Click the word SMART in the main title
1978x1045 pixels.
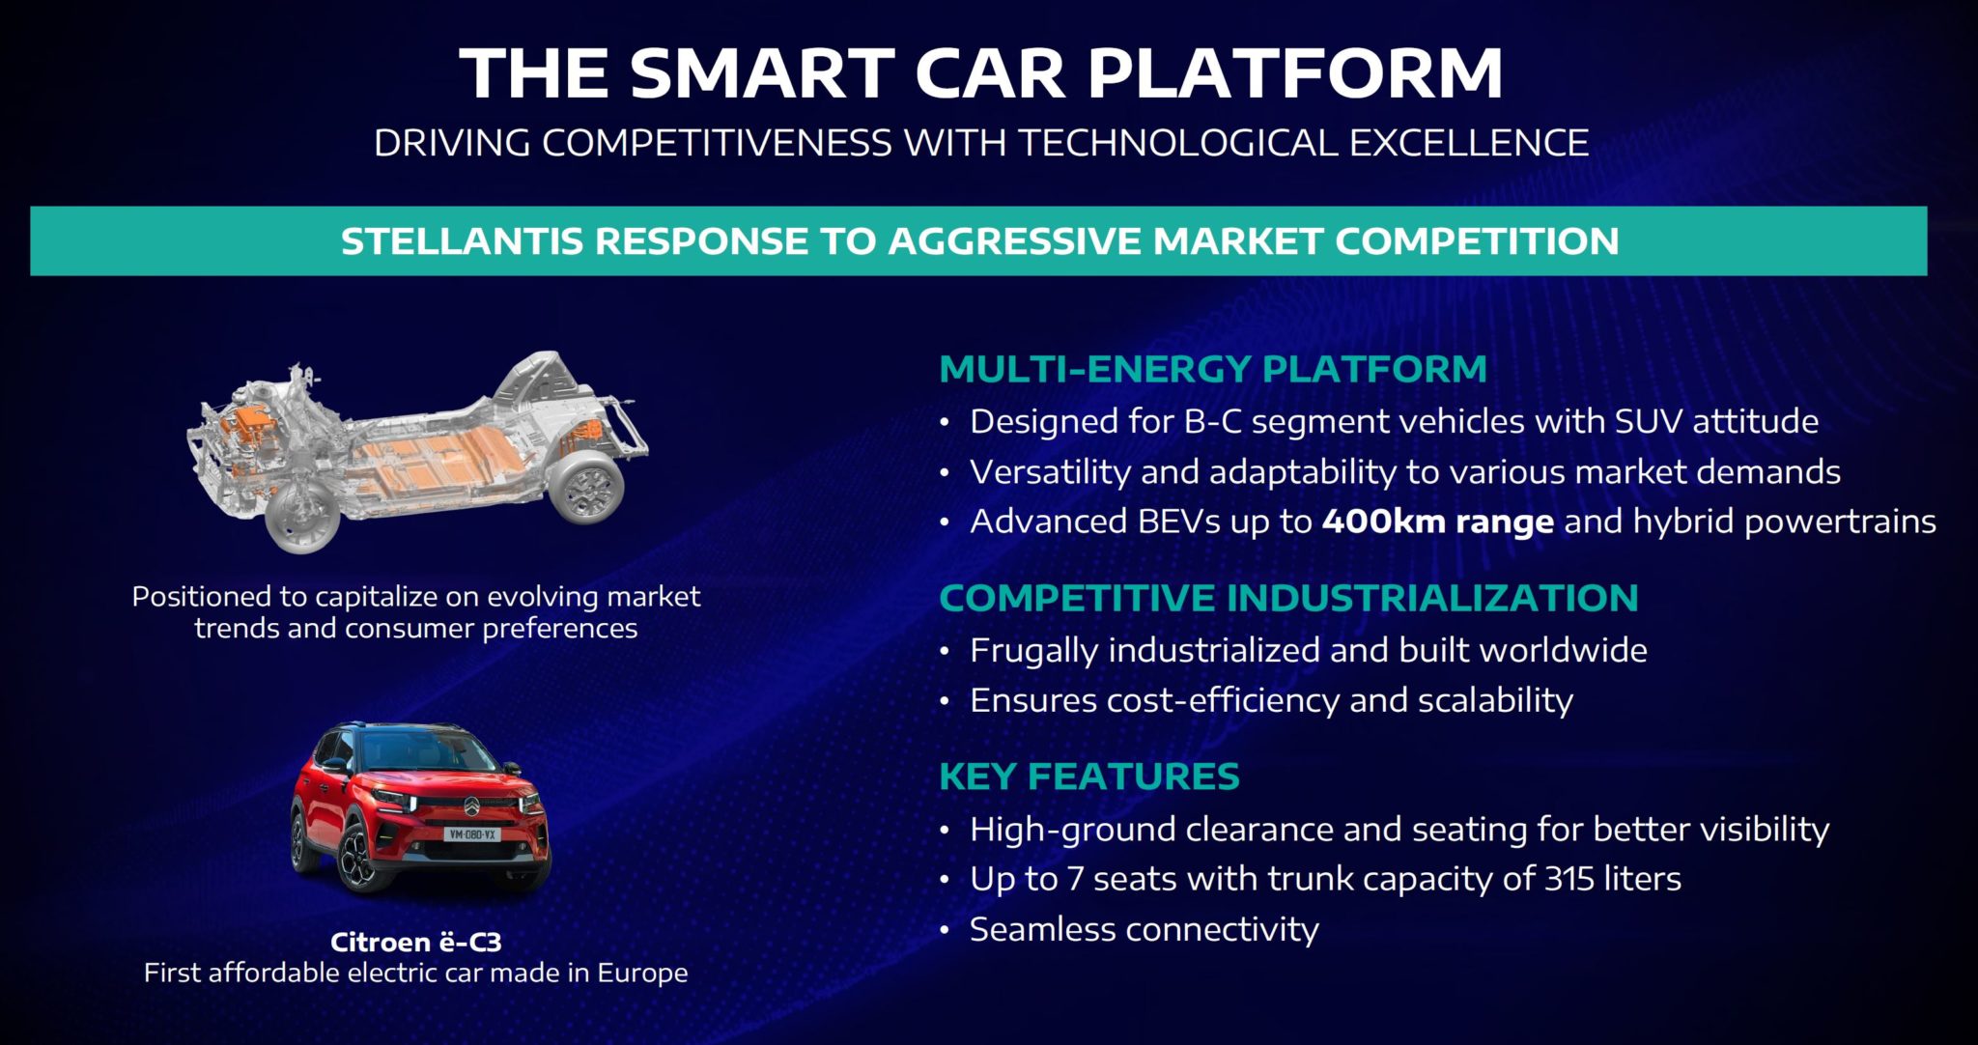tap(763, 73)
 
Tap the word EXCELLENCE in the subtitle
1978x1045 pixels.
tap(1468, 143)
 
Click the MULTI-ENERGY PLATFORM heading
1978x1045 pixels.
tap(1212, 369)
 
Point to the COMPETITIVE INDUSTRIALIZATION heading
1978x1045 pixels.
tap(1287, 598)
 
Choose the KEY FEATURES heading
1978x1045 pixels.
tap(1088, 777)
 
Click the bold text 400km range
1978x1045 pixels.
tap(1437, 522)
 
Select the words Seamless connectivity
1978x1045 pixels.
tap(1144, 929)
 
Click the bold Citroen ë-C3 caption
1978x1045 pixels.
tap(415, 942)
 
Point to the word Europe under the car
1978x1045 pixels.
tap(642, 973)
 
